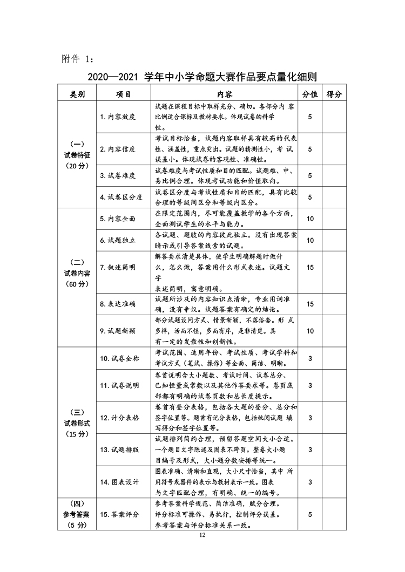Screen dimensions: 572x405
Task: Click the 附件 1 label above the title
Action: tap(78, 58)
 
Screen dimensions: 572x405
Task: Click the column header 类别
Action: tap(77, 94)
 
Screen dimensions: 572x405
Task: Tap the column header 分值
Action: tap(309, 94)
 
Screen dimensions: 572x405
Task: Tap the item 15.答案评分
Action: tap(119, 514)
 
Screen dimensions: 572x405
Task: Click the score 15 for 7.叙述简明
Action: tap(310, 267)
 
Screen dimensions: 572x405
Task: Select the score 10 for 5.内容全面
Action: tap(310, 219)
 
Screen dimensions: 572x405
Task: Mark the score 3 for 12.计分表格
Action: tap(310, 418)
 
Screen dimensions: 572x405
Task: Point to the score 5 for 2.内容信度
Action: tap(310, 149)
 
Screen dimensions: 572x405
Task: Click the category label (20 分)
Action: tap(77, 166)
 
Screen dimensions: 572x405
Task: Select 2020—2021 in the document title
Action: tap(113, 77)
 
